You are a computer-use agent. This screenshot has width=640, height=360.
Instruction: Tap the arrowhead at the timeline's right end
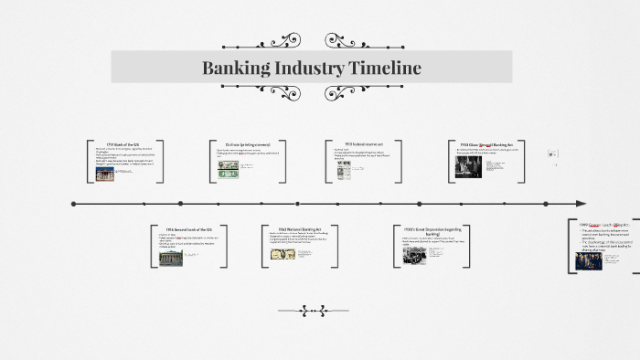581,203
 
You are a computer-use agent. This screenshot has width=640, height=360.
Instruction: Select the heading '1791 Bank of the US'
123,144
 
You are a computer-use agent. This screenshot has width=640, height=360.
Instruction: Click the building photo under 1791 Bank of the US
105,174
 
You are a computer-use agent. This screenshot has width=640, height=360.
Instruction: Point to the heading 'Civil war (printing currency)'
246,144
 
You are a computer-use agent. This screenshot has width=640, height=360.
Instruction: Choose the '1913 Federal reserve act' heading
365,143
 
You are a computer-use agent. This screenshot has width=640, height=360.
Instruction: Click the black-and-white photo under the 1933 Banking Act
468,166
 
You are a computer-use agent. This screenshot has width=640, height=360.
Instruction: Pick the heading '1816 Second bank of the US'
189,229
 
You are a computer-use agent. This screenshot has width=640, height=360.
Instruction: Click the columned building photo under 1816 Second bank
171,258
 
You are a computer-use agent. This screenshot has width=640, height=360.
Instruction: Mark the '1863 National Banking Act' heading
300,229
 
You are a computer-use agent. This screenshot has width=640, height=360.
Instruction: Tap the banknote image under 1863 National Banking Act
283,254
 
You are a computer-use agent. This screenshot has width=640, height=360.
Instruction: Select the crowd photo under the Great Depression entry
415,255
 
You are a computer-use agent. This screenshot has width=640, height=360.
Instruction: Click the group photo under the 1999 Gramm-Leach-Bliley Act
589,260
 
